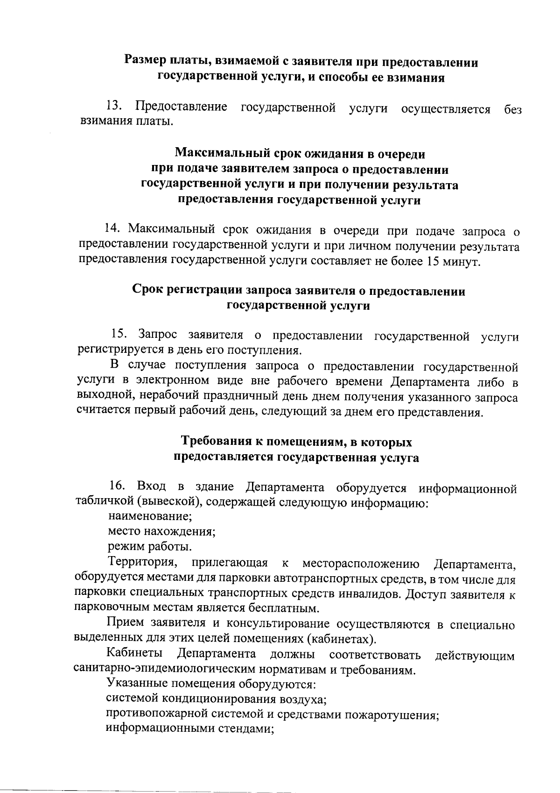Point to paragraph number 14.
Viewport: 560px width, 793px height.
click(x=113, y=229)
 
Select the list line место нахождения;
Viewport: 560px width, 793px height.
click(x=161, y=531)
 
